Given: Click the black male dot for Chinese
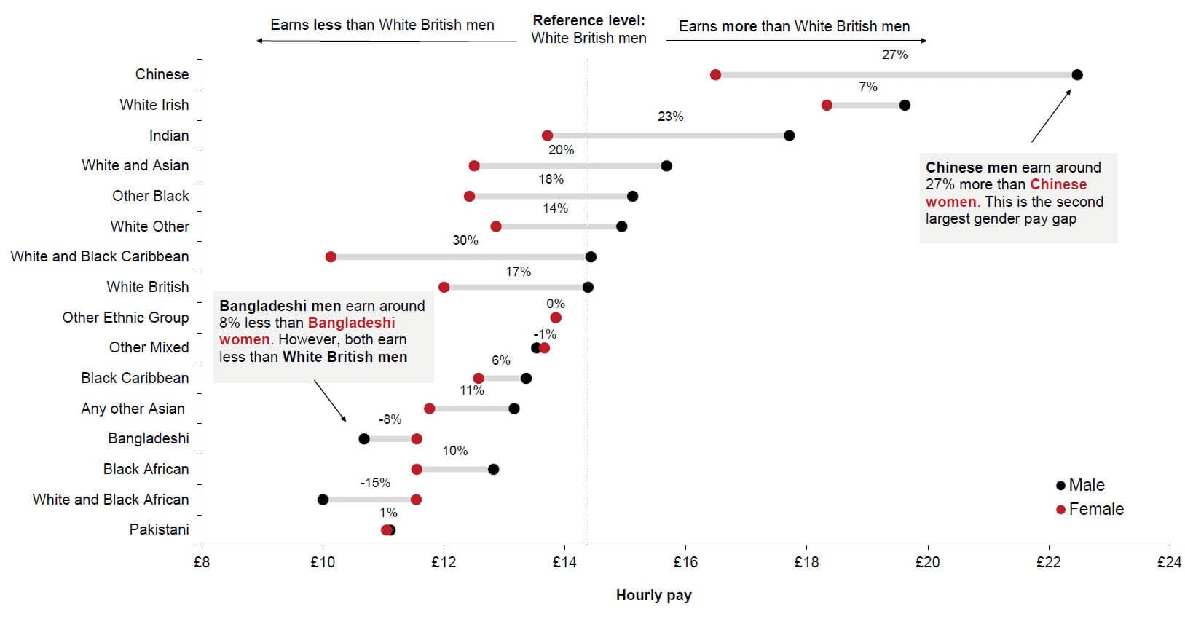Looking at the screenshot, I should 1077,75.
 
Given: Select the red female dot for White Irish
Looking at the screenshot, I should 827,106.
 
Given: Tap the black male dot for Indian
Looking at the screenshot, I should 789,135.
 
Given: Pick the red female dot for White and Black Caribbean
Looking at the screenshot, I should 331,257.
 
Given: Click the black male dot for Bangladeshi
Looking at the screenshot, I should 364,439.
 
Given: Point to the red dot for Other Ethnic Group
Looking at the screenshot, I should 556,318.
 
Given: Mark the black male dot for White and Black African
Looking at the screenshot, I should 323,500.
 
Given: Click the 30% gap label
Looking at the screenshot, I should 465,240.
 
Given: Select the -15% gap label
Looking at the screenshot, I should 375,483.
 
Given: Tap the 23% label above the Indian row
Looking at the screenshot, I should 670,117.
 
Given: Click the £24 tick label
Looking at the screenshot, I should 1169,562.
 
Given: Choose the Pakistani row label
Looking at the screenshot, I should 159,529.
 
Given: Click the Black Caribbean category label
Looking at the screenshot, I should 135,378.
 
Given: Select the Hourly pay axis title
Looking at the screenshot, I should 653,595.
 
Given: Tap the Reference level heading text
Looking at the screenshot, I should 588,20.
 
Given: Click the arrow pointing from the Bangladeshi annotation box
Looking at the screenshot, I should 330,401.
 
